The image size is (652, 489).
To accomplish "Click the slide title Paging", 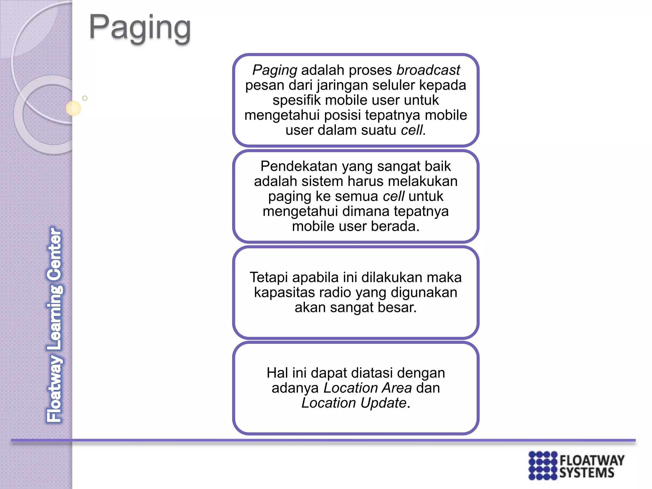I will click(x=140, y=28).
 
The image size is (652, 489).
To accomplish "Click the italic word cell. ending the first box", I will click(x=413, y=130).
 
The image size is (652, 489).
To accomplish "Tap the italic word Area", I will click(x=397, y=388).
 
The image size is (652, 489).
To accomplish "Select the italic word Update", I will click(x=383, y=403).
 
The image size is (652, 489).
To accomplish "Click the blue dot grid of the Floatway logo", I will click(x=542, y=465).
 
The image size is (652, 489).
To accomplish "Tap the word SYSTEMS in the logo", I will click(x=587, y=473).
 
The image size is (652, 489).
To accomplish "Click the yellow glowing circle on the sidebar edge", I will click(x=73, y=108).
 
